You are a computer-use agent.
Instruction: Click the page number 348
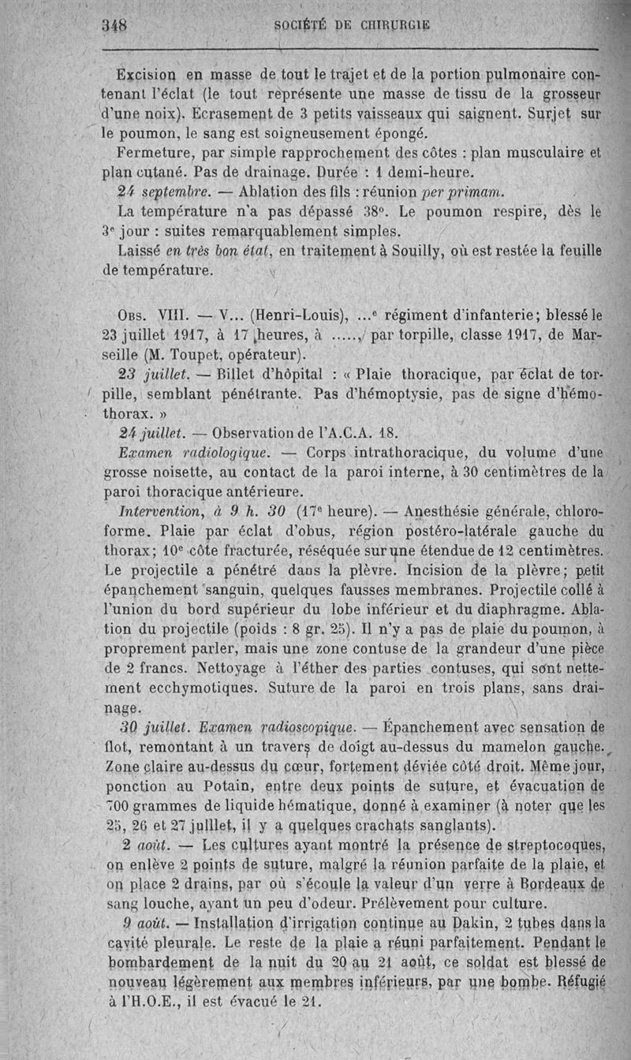click(116, 24)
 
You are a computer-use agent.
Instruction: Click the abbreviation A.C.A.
click(354, 433)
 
